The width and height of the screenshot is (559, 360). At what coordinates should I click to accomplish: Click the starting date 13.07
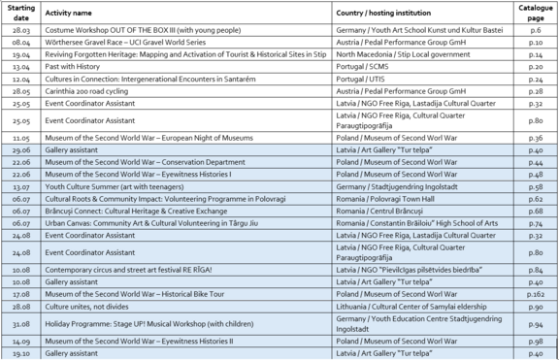click(x=20, y=185)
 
